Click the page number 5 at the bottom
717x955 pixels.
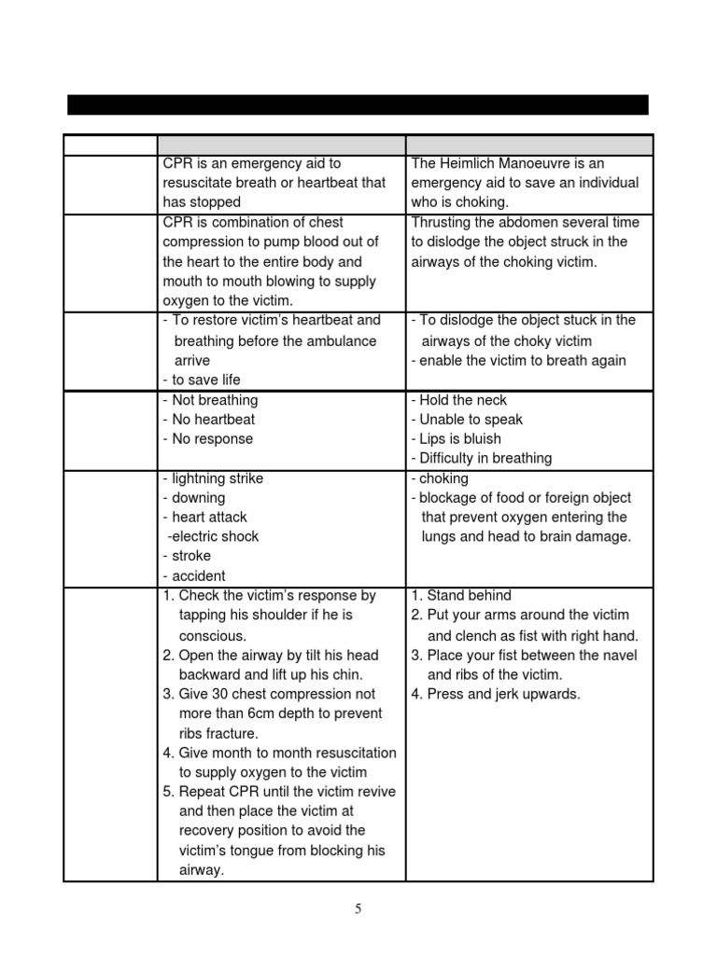(358, 910)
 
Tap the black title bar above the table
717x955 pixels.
(358, 104)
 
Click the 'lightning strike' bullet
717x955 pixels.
(213, 478)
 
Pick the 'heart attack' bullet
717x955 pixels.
(204, 517)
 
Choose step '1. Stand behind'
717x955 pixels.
(461, 595)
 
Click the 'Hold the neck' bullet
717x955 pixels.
(459, 400)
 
